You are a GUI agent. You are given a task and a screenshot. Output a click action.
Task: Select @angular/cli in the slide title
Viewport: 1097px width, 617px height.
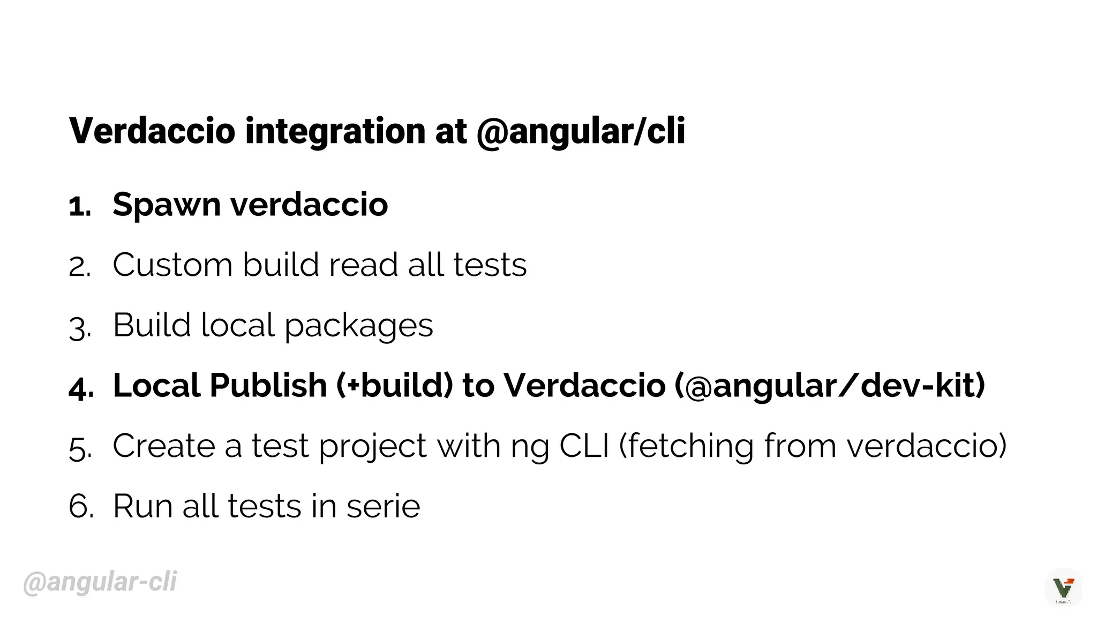click(x=581, y=131)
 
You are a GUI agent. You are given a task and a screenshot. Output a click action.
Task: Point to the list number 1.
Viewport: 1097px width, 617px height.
click(x=79, y=206)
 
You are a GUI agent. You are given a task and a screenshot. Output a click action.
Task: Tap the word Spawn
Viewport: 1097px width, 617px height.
click(x=167, y=205)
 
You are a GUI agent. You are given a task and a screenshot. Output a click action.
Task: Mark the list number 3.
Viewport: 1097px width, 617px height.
click(x=79, y=327)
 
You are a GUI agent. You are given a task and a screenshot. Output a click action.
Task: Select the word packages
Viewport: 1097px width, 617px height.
click(x=358, y=326)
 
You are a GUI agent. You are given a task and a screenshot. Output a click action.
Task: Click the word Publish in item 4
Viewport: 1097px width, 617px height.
click(x=268, y=386)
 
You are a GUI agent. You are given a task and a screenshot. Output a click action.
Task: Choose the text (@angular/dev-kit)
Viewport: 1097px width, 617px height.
click(x=830, y=386)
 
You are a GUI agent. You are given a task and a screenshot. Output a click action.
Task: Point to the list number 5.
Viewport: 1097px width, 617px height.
click(x=80, y=448)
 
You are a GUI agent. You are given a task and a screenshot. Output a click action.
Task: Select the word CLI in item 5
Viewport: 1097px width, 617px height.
click(x=584, y=446)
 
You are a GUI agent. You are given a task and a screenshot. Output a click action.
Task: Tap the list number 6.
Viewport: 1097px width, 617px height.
click(x=80, y=507)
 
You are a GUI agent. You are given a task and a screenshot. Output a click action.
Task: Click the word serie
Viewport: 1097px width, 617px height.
click(x=383, y=507)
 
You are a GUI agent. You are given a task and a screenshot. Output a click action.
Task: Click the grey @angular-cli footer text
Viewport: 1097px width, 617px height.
click(x=100, y=582)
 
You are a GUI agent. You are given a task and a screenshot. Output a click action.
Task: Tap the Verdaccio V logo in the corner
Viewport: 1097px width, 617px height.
click(x=1063, y=588)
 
